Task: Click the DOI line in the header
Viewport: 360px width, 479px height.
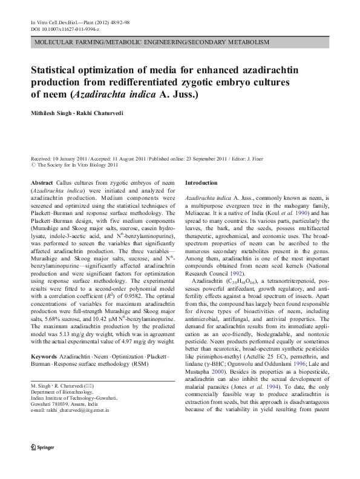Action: click(x=65, y=29)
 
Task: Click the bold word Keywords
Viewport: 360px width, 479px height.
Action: click(x=45, y=356)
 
